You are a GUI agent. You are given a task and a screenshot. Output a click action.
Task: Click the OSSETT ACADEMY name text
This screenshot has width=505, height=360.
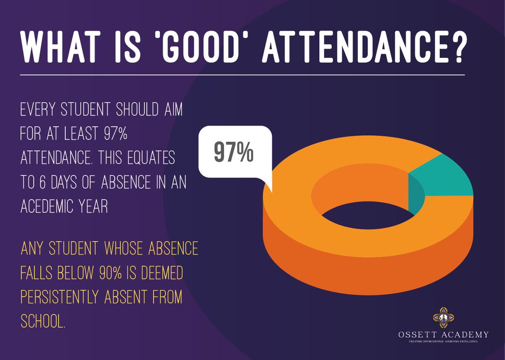tap(443, 335)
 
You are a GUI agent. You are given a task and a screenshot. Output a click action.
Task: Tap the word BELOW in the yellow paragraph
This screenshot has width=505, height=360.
tap(75, 273)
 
